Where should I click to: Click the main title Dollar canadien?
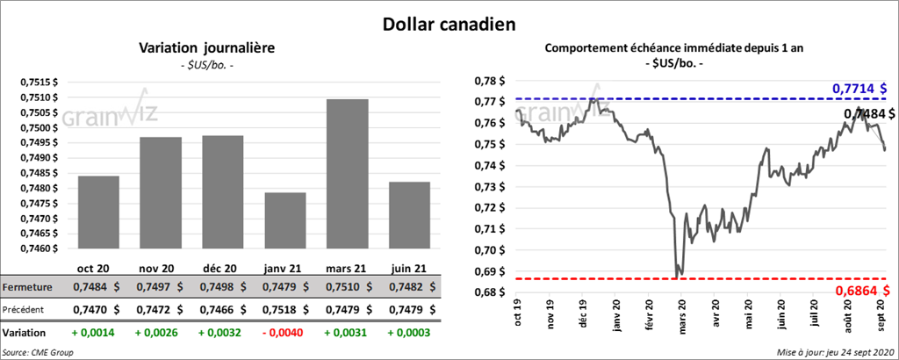point(449,21)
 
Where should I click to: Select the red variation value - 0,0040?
point(284,333)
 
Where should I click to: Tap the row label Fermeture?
point(26,287)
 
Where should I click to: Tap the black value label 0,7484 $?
point(868,113)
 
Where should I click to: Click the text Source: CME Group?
point(39,351)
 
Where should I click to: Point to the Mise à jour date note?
point(834,351)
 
